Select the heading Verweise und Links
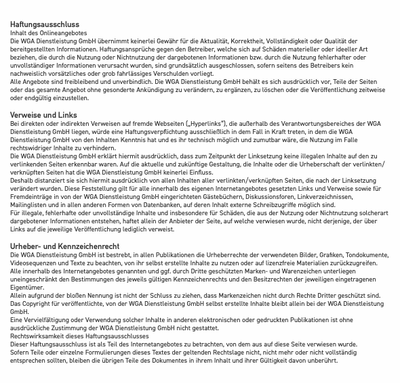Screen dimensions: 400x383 point(43,114)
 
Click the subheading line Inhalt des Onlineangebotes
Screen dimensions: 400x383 point(48,33)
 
